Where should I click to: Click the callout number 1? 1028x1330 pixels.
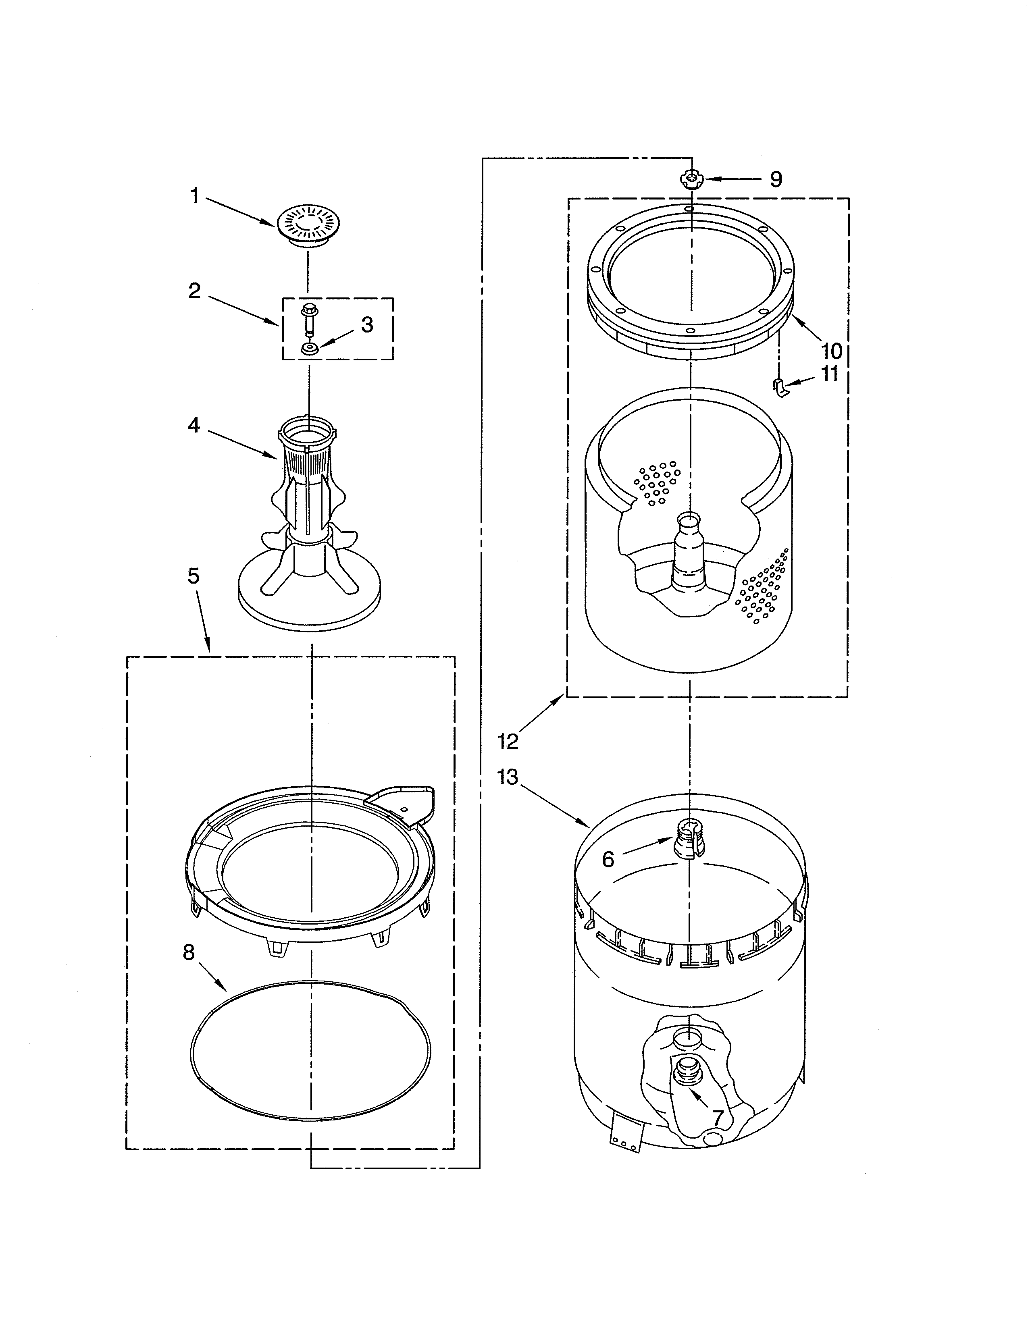(194, 196)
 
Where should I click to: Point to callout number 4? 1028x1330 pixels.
(194, 425)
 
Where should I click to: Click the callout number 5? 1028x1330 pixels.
(193, 576)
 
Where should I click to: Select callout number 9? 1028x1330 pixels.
(775, 179)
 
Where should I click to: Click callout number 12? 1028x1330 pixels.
(508, 741)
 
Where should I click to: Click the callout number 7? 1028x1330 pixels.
(718, 1118)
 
